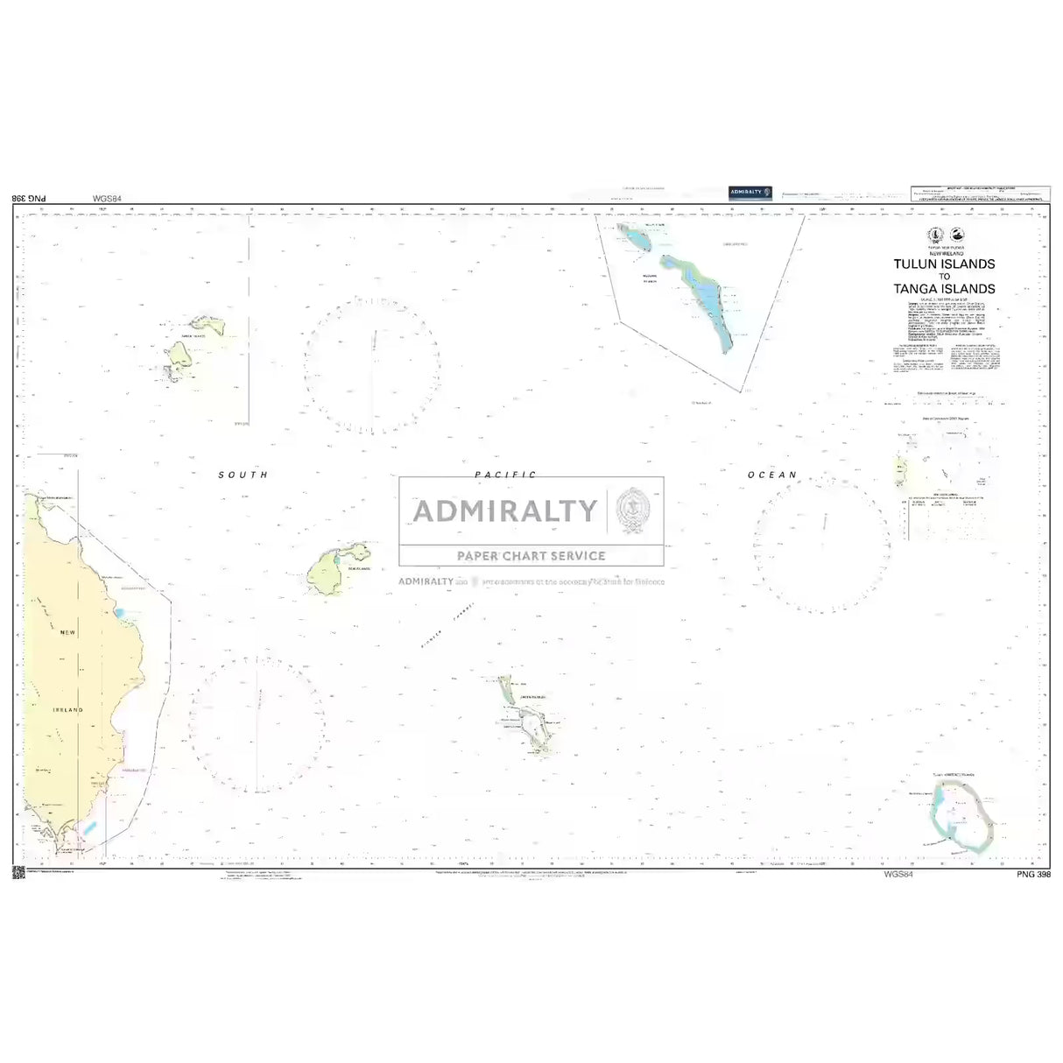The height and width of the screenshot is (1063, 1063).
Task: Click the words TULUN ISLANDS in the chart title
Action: [944, 264]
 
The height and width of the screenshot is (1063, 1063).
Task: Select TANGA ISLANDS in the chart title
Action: [944, 288]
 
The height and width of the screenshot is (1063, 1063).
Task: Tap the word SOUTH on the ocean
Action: [243, 475]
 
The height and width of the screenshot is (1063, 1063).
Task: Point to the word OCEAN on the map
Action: [772, 475]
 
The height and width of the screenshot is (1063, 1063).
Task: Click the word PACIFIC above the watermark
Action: [505, 474]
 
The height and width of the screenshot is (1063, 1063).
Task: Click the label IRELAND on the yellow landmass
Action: [67, 709]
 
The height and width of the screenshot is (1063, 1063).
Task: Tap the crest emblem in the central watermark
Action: [630, 511]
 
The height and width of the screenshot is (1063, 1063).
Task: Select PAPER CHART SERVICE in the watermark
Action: [531, 555]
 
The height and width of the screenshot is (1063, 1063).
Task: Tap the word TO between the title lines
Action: [944, 276]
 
